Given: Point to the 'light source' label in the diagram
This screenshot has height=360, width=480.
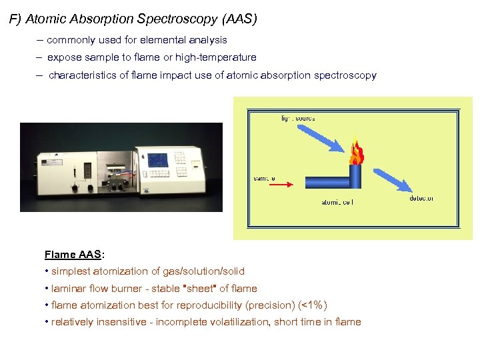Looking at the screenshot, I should pos(297,118).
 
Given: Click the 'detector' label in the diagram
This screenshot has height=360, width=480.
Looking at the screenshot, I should pos(421,198).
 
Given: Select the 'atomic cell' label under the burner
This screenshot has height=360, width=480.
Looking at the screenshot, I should pos(337,202).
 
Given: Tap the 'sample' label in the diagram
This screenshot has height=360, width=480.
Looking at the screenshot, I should pos(265,178).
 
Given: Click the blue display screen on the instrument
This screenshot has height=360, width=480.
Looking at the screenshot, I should pos(158,161).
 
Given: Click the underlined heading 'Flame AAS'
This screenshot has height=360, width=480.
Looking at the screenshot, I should pos(72,254).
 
